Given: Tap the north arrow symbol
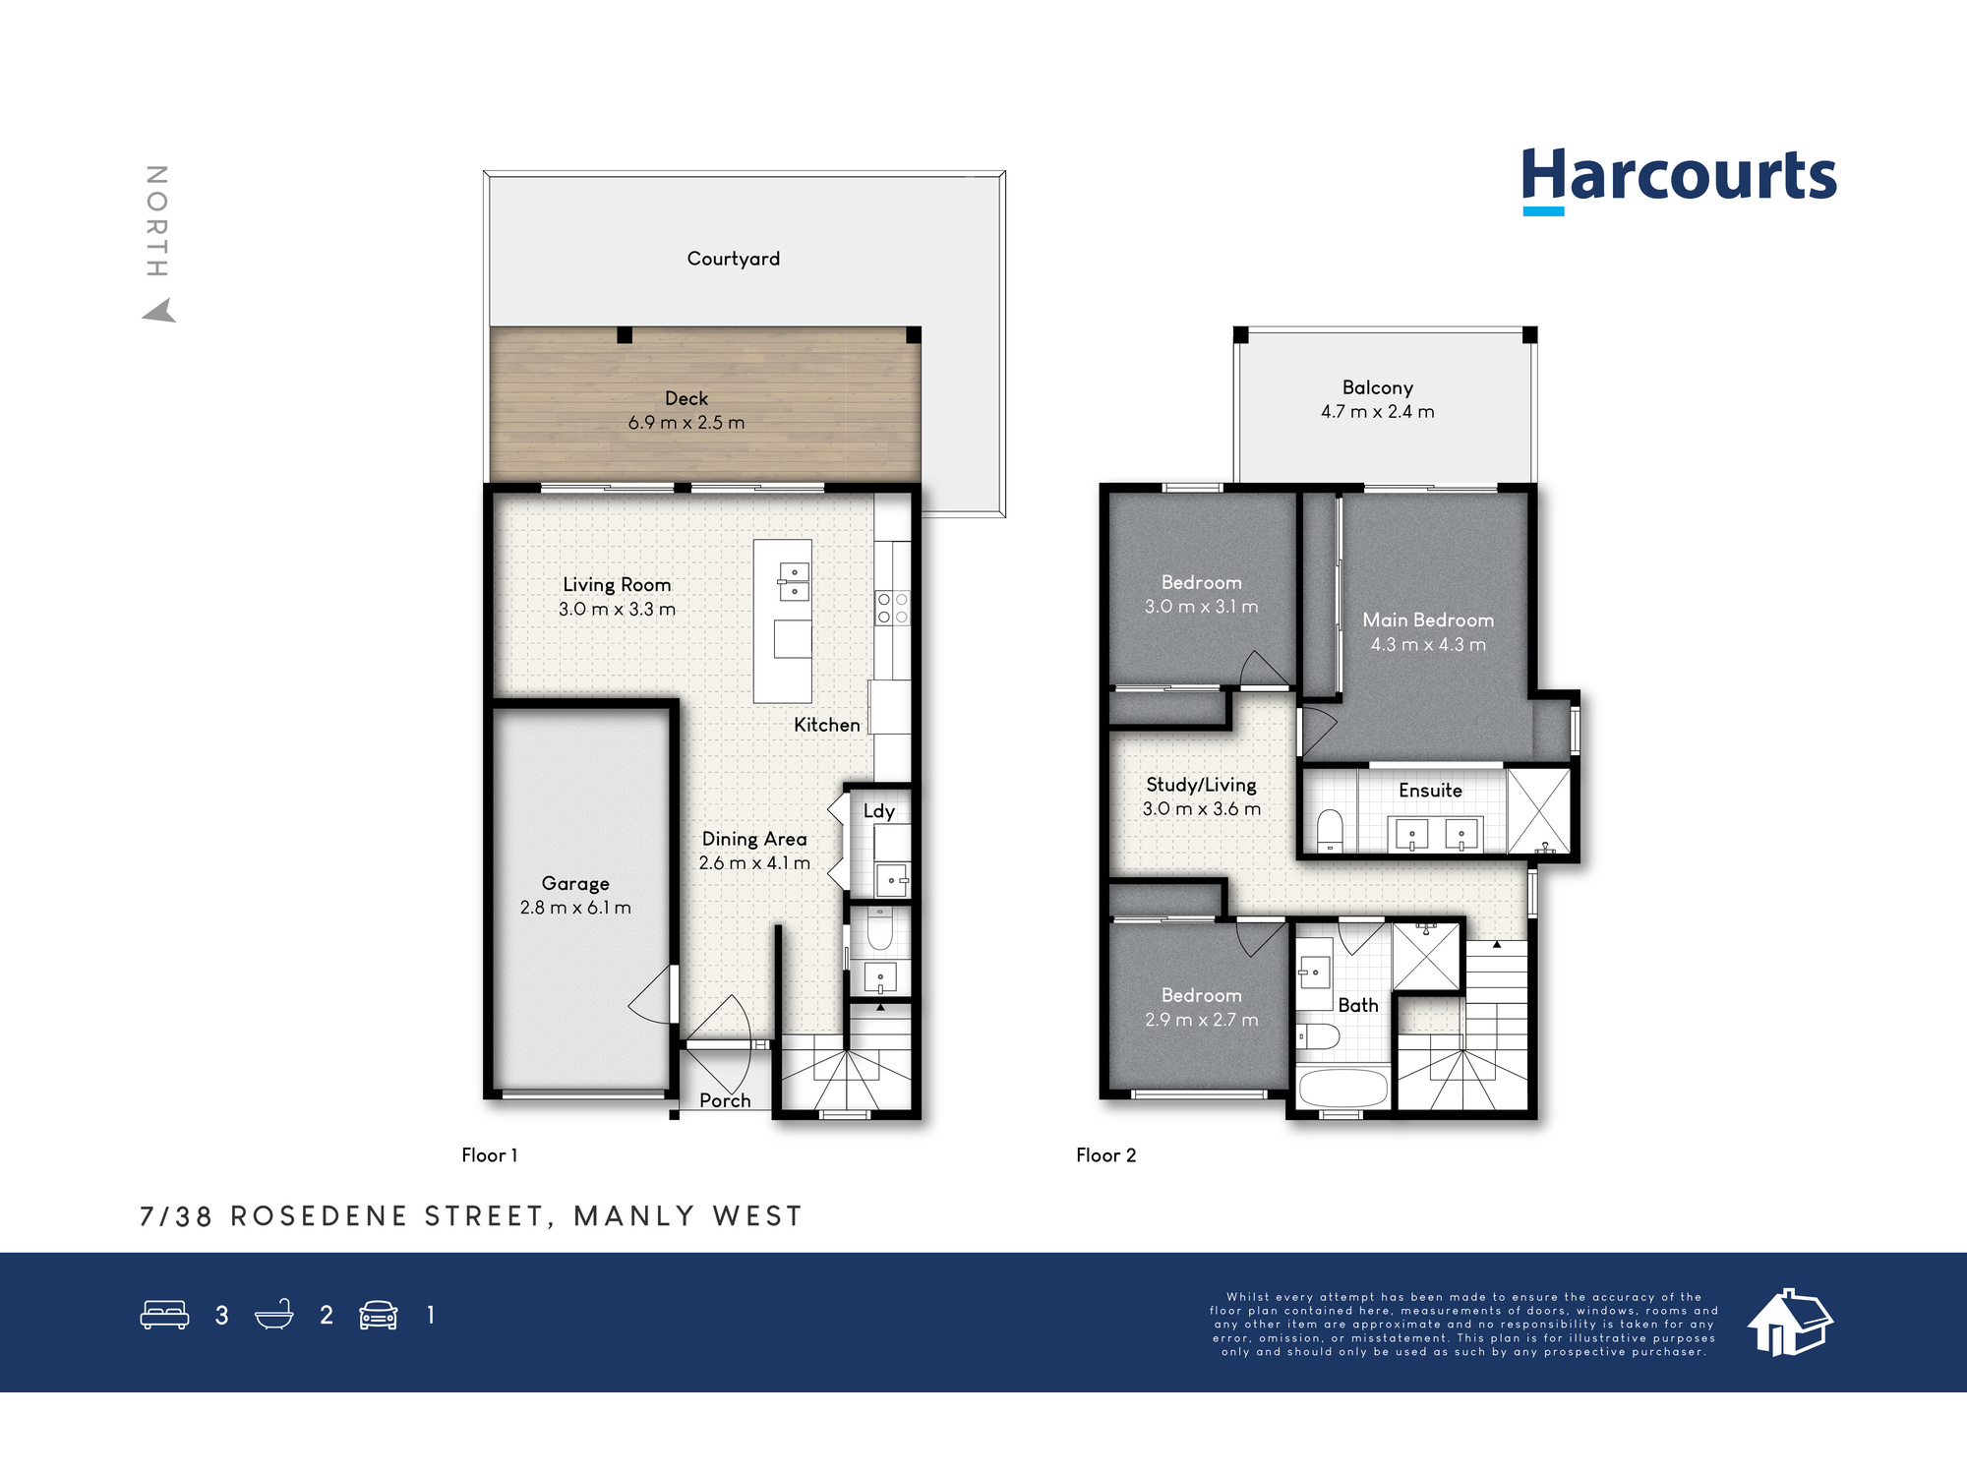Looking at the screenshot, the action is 160,311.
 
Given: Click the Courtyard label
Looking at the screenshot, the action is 734,259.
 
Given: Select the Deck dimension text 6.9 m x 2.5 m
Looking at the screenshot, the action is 686,423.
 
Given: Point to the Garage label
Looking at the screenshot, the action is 575,884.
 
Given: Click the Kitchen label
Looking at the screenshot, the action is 827,725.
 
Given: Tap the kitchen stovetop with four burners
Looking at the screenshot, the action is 892,608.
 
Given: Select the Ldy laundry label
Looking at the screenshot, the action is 879,811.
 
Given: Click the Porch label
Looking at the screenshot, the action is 725,1100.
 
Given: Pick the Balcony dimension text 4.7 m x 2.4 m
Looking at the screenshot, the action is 1378,412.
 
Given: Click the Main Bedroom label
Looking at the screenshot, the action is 1428,620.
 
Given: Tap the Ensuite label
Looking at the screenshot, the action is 1430,791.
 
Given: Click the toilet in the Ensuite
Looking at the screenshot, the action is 1330,831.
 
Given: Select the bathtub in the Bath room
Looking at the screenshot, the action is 1343,1089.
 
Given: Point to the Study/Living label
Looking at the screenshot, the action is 1201,785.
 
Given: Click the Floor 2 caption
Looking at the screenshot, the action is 1106,1155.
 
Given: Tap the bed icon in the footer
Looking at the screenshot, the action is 164,1315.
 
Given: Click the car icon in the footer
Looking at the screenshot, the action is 379,1315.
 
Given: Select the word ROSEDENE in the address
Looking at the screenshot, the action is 319,1216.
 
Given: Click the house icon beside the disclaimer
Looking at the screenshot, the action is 1790,1323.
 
